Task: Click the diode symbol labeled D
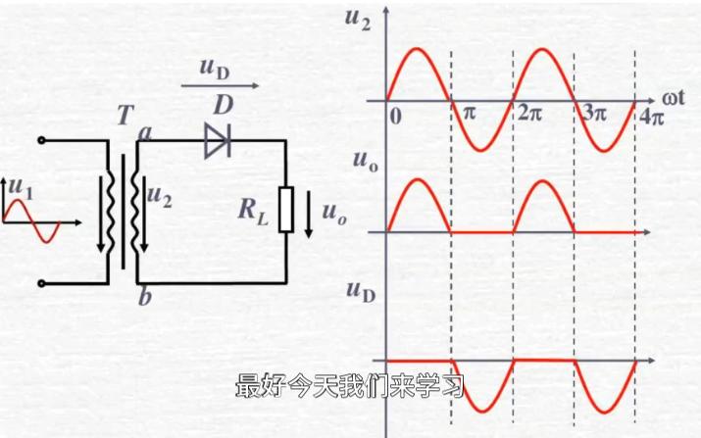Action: (x=217, y=141)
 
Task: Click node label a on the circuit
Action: (x=145, y=132)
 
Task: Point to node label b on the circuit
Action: (x=144, y=298)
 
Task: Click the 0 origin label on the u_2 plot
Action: (x=395, y=116)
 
